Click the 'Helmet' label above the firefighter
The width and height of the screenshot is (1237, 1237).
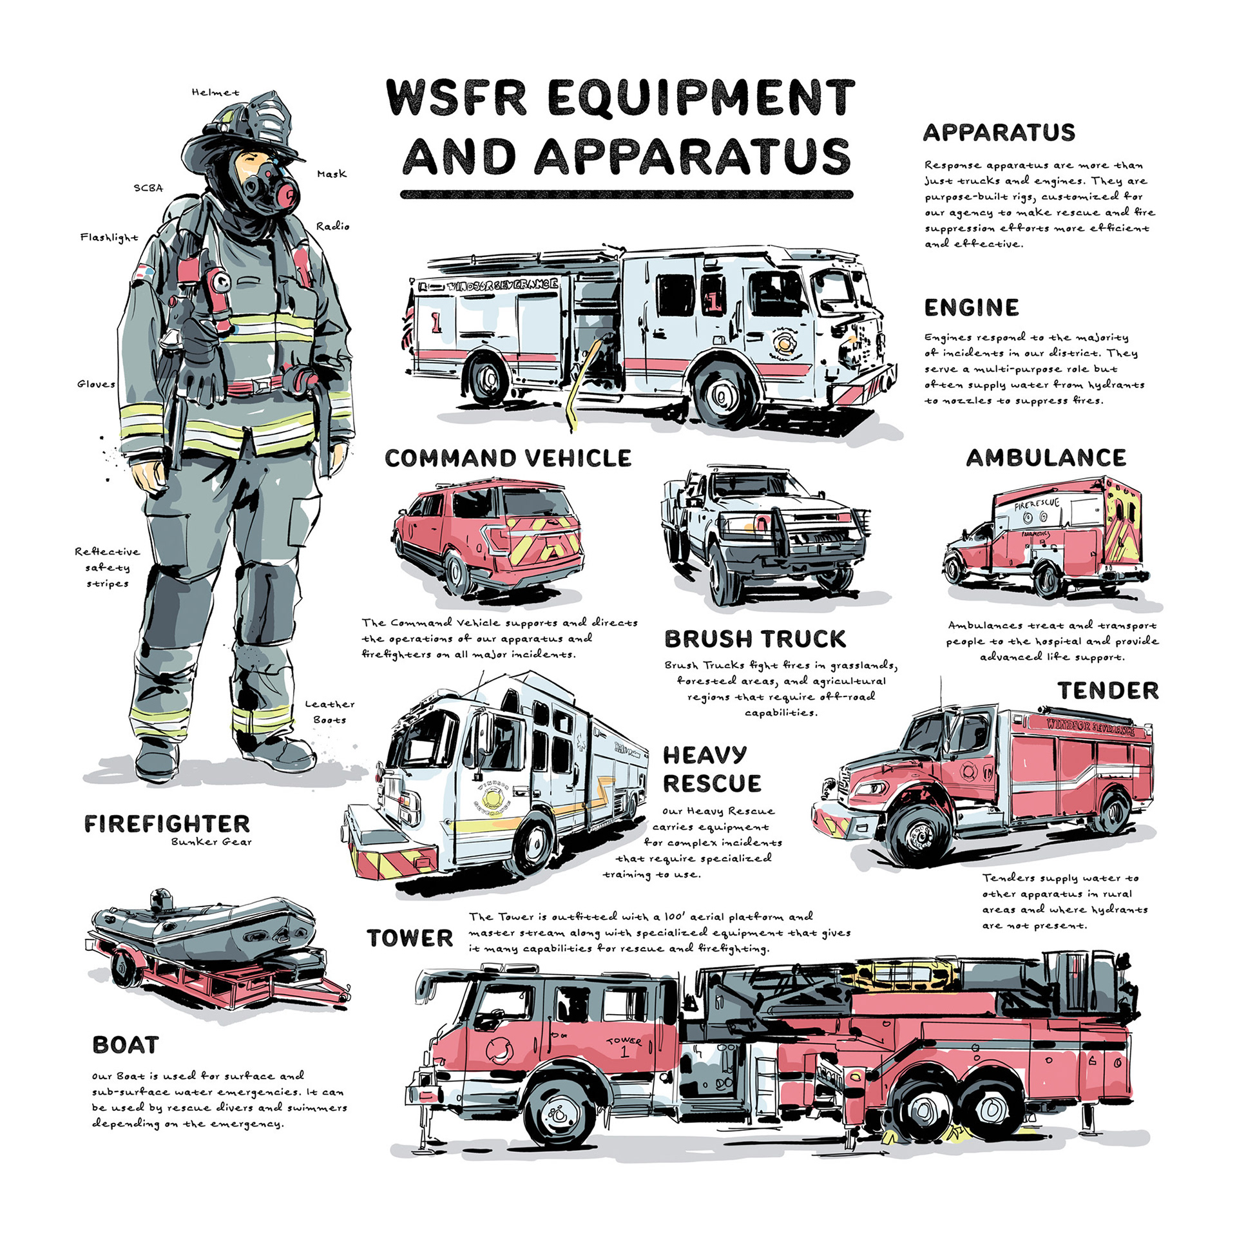click(x=215, y=93)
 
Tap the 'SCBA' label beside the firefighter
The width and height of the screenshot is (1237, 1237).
click(x=148, y=188)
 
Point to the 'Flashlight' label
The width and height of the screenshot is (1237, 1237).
click(x=109, y=237)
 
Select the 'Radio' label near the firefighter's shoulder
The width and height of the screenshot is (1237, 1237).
click(x=332, y=226)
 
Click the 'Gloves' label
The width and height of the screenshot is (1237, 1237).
click(x=96, y=384)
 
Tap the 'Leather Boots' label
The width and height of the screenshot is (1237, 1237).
click(x=329, y=712)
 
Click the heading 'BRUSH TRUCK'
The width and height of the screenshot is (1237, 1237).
click(x=754, y=638)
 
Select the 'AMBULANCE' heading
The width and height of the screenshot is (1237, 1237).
click(x=1046, y=457)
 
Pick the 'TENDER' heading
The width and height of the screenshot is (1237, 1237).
click(x=1108, y=691)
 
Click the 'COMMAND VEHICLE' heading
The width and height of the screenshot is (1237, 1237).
click(x=508, y=458)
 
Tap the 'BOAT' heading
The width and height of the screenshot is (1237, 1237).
click(x=126, y=1044)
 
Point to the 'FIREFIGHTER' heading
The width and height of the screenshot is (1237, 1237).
click(x=167, y=823)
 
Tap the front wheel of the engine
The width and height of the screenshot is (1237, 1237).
click(x=723, y=394)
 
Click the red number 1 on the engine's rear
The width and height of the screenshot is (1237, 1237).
click(x=436, y=323)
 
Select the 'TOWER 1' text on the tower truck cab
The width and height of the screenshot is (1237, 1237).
click(x=624, y=1047)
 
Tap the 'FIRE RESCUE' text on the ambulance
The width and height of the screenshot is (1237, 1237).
click(x=1036, y=503)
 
